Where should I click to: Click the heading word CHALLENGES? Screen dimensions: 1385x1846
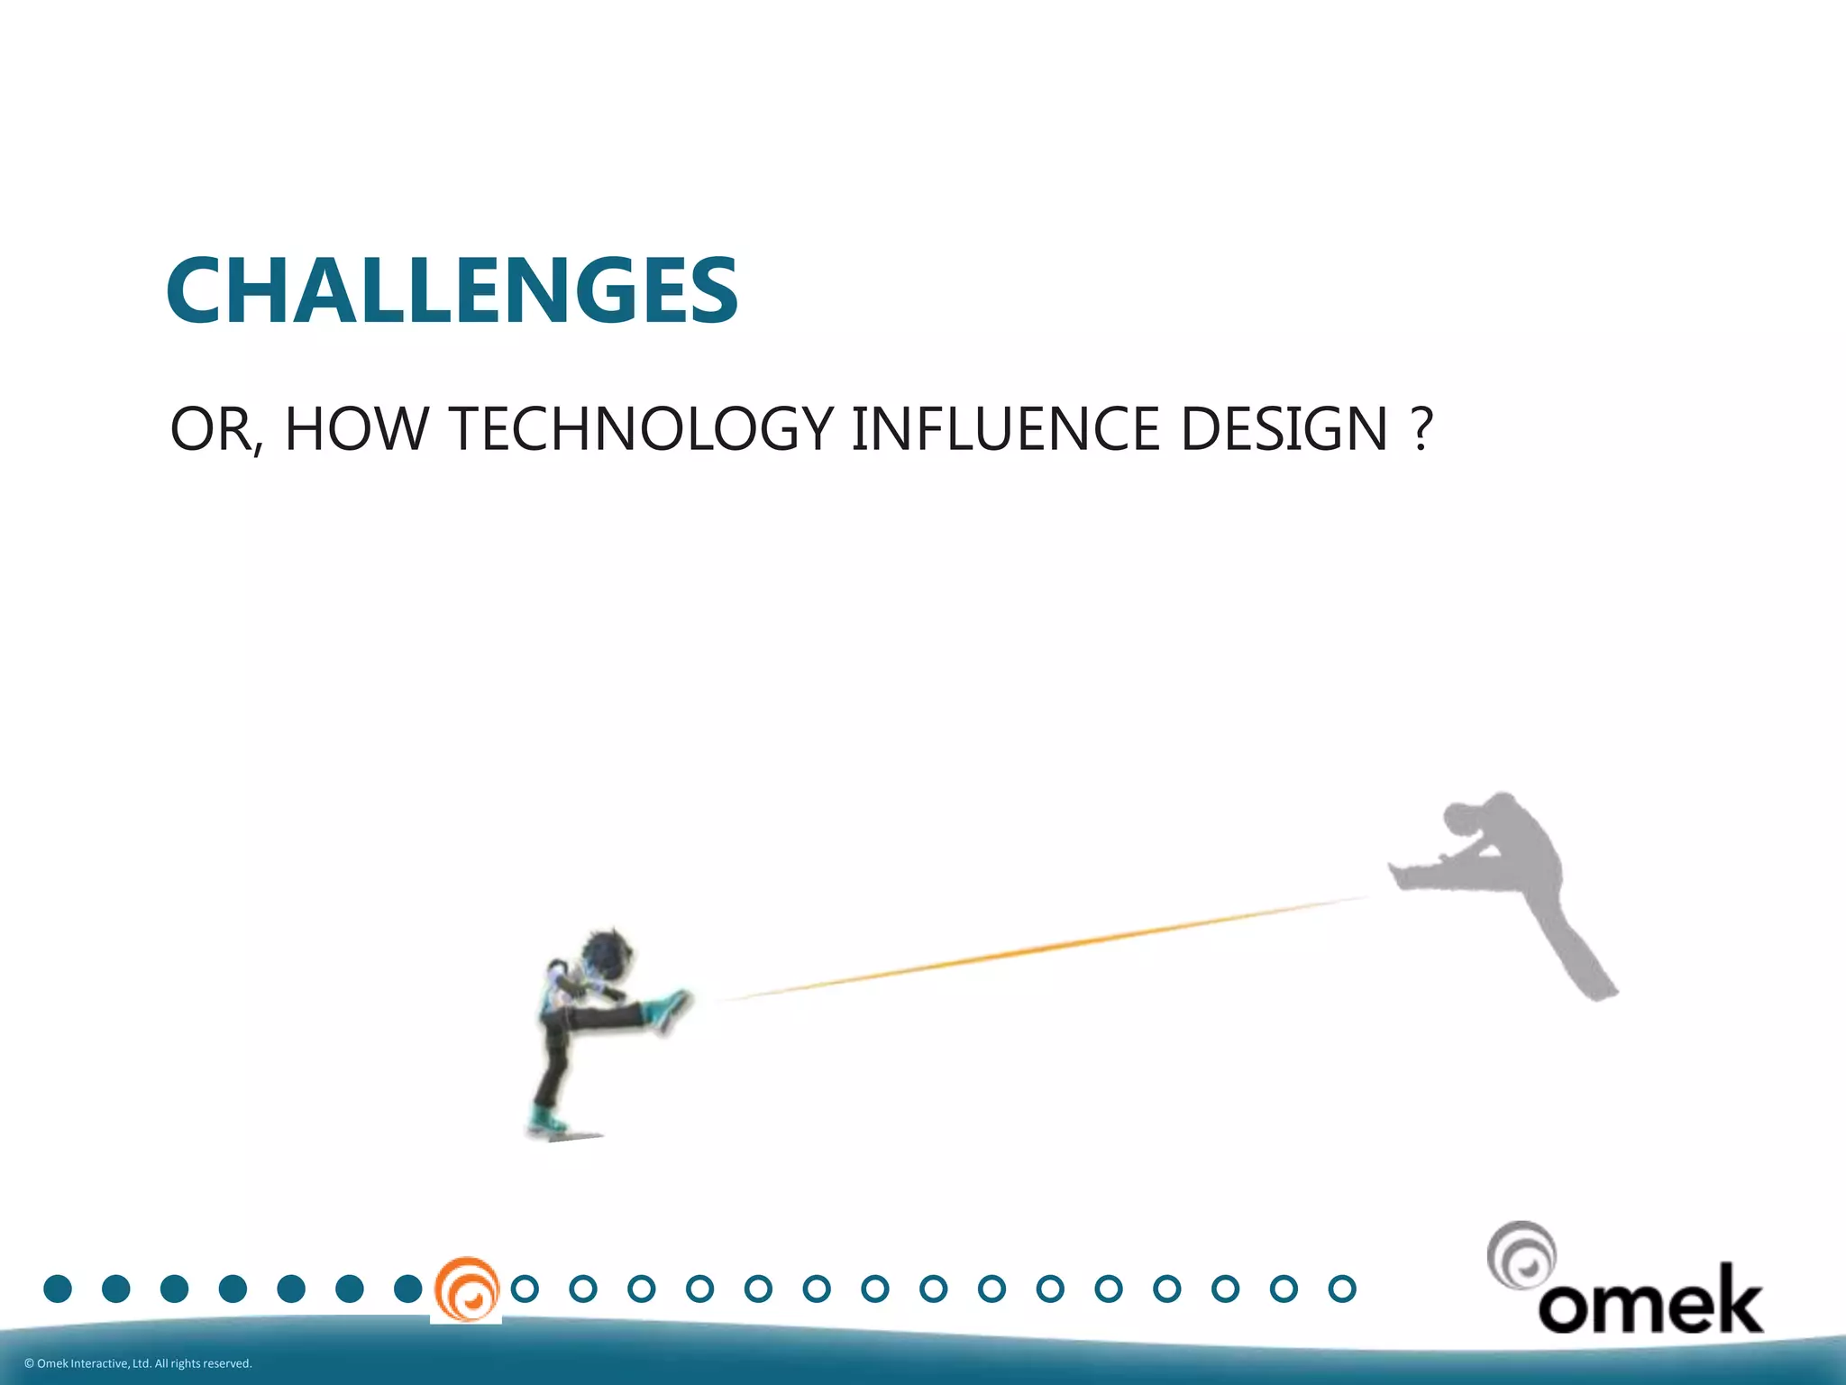click(x=452, y=290)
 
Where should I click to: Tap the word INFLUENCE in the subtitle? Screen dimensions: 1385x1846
click(x=1004, y=429)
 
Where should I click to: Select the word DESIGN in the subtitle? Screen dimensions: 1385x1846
click(x=1284, y=429)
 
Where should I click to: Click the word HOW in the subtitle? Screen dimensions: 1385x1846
click(x=356, y=429)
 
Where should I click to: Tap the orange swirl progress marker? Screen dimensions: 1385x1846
click(x=466, y=1289)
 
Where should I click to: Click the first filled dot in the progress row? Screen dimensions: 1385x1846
click(x=58, y=1289)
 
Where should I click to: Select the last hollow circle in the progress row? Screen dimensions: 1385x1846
click(x=1342, y=1289)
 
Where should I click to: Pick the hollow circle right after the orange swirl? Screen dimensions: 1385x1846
click(x=525, y=1289)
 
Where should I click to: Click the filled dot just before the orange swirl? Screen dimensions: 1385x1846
click(x=407, y=1289)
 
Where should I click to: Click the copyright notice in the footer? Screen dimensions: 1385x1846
click(x=138, y=1363)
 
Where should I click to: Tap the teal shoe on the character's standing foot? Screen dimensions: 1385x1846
click(x=546, y=1121)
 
